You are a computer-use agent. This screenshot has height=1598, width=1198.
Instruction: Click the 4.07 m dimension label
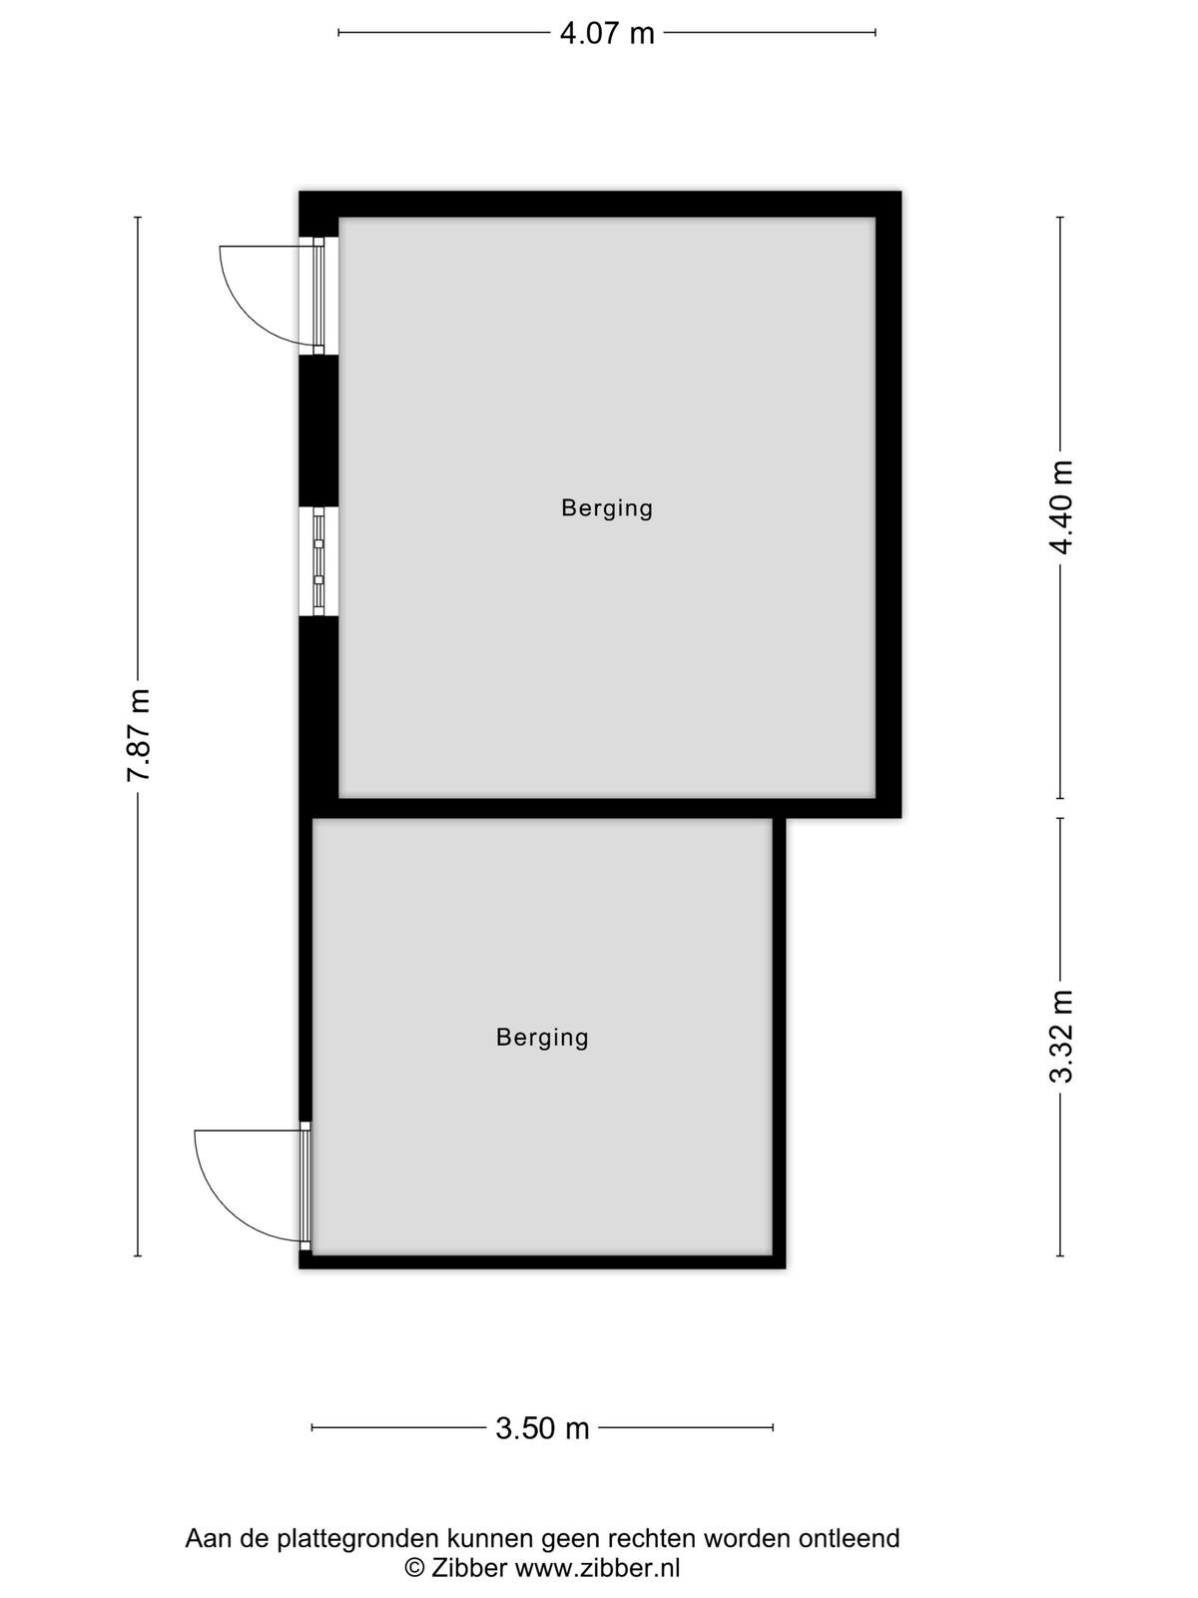pyautogui.click(x=607, y=34)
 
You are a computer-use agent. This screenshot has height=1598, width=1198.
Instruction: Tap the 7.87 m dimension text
pyautogui.click(x=138, y=735)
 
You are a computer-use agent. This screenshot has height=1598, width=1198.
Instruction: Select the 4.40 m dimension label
pyautogui.click(x=1061, y=507)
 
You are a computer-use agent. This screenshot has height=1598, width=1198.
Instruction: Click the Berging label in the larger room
pyautogui.click(x=607, y=508)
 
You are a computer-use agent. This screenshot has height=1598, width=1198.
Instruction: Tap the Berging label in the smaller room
pyautogui.click(x=542, y=1038)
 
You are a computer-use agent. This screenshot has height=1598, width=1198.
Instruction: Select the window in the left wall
pyautogui.click(x=318, y=560)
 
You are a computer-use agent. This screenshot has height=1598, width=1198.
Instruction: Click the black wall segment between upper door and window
pyautogui.click(x=318, y=430)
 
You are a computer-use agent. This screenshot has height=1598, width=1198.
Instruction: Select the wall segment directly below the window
pyautogui.click(x=318, y=706)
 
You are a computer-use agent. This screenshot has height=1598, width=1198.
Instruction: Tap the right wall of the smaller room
pyautogui.click(x=779, y=1041)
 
